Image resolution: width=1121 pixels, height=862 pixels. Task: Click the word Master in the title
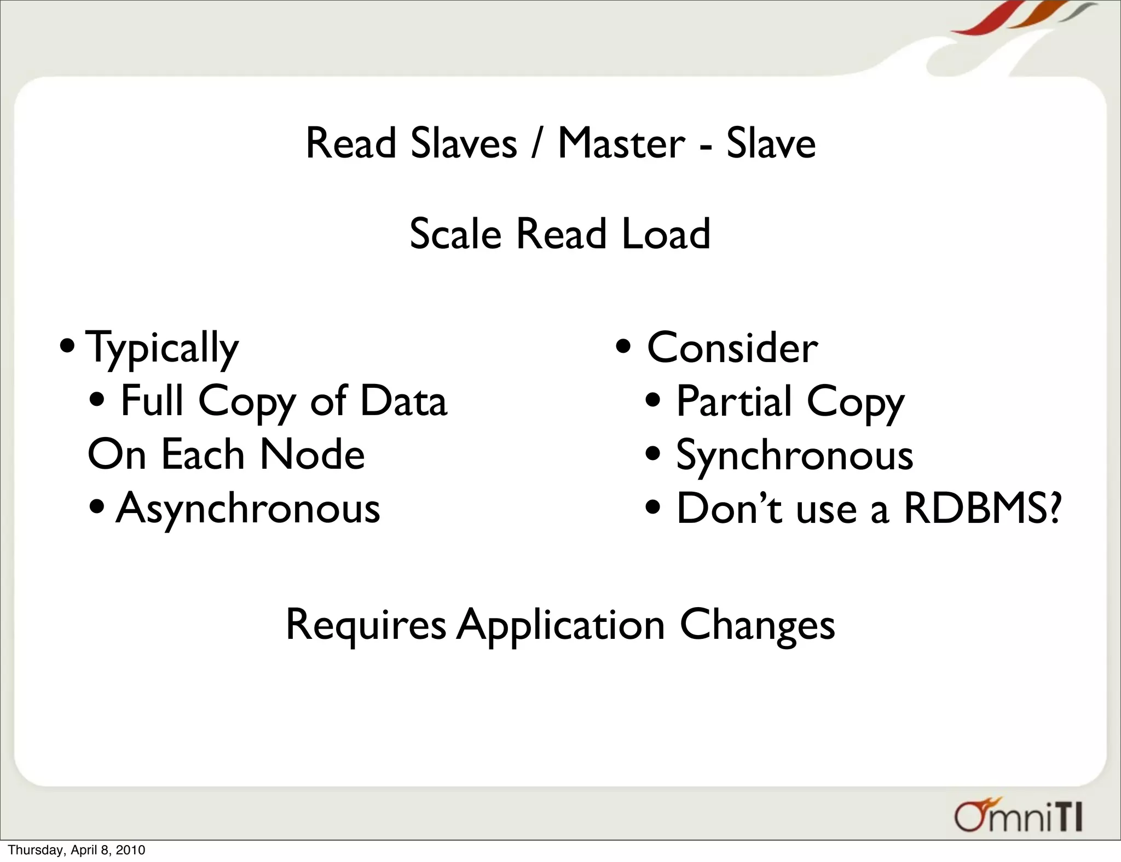[x=621, y=143]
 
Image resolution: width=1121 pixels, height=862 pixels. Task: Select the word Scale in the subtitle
[x=455, y=234]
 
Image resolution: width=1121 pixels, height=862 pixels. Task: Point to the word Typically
[x=163, y=348]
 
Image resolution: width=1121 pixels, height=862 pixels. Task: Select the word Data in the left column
[x=403, y=401]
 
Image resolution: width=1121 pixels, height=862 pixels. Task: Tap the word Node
[x=312, y=454]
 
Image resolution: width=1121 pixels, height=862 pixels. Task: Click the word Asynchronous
[x=248, y=508]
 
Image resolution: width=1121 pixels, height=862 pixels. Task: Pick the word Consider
[x=732, y=347]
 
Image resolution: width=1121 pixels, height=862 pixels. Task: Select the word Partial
[x=734, y=401]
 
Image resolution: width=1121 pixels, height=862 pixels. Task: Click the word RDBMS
[x=975, y=508]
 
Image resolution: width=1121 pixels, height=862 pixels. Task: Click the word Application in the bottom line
[x=561, y=625]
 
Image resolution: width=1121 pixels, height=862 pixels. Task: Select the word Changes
[x=757, y=625]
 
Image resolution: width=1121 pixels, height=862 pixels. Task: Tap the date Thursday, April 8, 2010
[x=77, y=850]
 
